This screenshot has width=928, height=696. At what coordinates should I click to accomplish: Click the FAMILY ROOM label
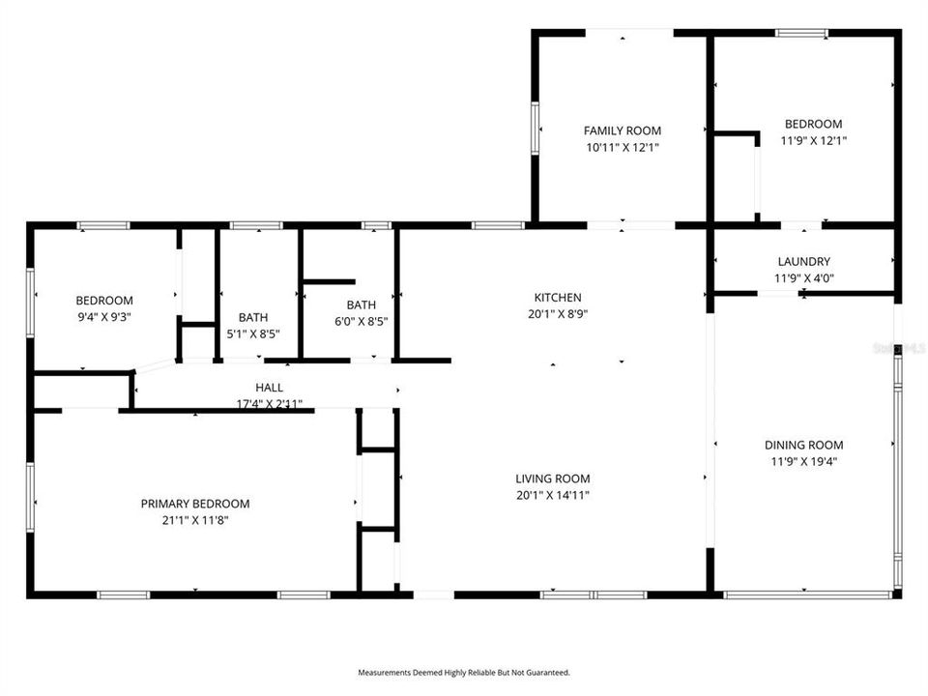(x=622, y=130)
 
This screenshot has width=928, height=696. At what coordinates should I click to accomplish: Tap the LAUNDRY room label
(x=803, y=261)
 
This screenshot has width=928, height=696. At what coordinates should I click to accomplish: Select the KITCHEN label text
(x=558, y=298)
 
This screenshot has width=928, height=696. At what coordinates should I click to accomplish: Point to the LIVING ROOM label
(x=552, y=478)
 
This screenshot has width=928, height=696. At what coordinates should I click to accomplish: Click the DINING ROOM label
(x=803, y=445)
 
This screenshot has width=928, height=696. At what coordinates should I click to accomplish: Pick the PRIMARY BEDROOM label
(x=195, y=504)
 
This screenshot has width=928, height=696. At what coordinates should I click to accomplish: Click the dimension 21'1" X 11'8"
(x=195, y=520)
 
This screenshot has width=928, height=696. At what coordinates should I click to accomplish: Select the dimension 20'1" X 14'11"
(x=552, y=495)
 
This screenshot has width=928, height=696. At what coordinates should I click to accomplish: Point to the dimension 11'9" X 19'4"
(x=803, y=461)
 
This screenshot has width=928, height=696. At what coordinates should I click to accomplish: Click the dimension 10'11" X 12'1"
(x=622, y=147)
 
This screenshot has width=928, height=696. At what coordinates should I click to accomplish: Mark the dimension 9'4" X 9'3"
(x=104, y=317)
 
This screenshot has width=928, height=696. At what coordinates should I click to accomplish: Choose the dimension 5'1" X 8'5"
(x=253, y=333)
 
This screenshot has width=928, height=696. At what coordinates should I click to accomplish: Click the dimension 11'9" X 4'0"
(x=803, y=277)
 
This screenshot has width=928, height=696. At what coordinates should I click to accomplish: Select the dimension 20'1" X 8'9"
(x=558, y=314)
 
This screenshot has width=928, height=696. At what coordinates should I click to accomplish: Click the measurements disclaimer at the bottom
(x=464, y=672)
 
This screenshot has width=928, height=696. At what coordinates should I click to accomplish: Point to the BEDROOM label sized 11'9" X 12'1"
(x=812, y=124)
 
